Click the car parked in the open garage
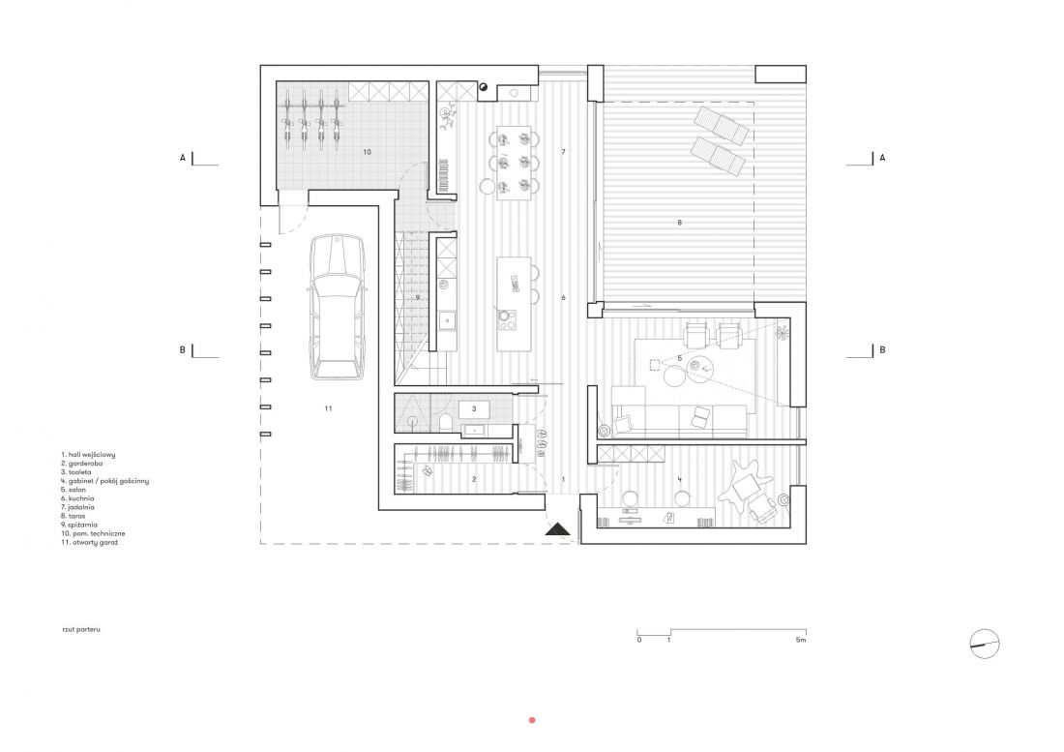coord(337,307)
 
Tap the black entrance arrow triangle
coord(559,528)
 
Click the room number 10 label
coord(368,152)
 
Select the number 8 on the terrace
coord(679,223)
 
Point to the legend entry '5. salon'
coord(74,490)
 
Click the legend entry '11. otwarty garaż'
coord(90,542)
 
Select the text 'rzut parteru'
coord(81,630)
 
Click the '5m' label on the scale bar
coord(801,640)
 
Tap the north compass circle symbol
coord(986,644)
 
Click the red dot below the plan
coord(532,720)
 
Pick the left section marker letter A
coord(183,158)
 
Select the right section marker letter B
coord(882,350)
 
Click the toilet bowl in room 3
coord(446,423)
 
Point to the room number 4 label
coord(679,480)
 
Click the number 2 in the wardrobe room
coord(474,479)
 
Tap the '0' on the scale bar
coord(639,640)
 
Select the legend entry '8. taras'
coord(73,516)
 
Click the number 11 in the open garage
coord(329,408)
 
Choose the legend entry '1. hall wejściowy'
coord(88,455)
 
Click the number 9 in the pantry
coord(418,297)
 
